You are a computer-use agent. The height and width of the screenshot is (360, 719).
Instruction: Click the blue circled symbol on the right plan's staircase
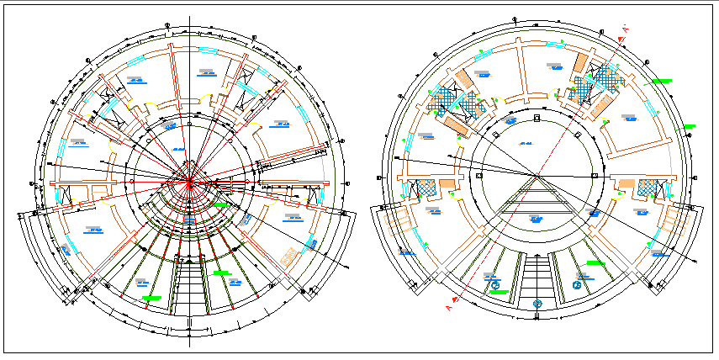click(x=536, y=302)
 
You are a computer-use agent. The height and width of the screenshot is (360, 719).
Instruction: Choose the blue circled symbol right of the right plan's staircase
click(x=577, y=285)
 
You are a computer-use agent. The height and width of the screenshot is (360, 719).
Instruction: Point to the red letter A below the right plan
click(x=449, y=309)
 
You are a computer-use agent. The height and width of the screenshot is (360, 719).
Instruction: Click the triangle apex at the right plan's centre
click(x=536, y=176)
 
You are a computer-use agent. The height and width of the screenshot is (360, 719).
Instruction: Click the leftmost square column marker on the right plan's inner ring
click(x=478, y=175)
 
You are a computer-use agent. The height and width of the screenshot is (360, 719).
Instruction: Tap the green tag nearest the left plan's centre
click(x=221, y=204)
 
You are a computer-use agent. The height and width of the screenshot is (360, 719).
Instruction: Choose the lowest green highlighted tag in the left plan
click(x=152, y=298)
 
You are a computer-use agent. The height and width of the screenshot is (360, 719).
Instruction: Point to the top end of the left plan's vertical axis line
click(x=190, y=18)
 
